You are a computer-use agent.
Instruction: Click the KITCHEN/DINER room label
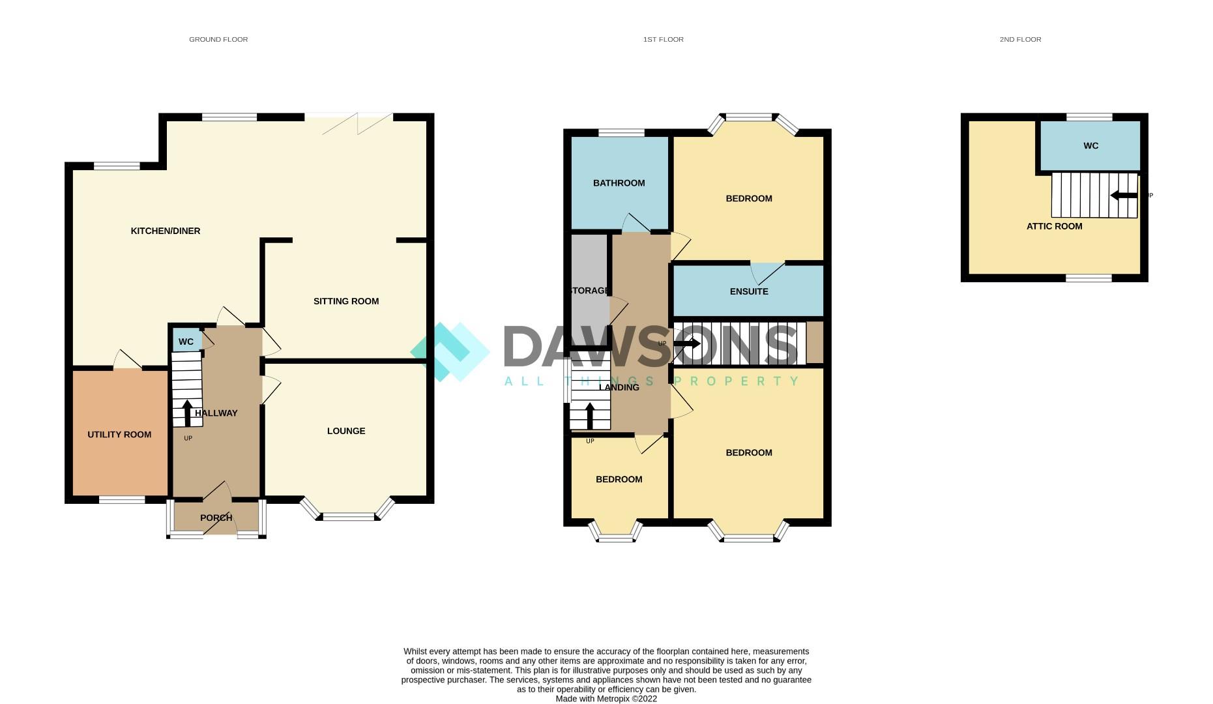point(166,231)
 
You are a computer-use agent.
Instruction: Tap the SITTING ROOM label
point(346,301)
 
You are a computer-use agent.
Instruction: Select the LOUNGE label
point(346,431)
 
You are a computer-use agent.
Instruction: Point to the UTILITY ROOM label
point(119,435)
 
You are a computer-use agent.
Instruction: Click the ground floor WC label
point(186,342)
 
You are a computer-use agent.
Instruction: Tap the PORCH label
point(216,518)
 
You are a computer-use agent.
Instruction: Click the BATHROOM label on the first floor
point(619,183)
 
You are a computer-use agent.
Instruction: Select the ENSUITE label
point(749,291)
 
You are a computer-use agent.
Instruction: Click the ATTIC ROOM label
point(1054,226)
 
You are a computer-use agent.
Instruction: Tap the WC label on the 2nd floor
point(1090,146)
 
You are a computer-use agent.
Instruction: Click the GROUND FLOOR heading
point(218,39)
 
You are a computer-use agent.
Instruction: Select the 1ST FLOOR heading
point(663,39)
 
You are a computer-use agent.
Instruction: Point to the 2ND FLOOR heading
point(1020,39)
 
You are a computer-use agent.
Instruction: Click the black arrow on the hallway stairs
point(187,413)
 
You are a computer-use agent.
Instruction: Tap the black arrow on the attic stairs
point(1124,195)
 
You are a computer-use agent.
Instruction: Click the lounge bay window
point(349,516)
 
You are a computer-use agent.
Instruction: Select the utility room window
point(122,500)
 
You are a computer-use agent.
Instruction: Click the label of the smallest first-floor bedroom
point(619,479)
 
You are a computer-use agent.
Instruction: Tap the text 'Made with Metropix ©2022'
point(606,699)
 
